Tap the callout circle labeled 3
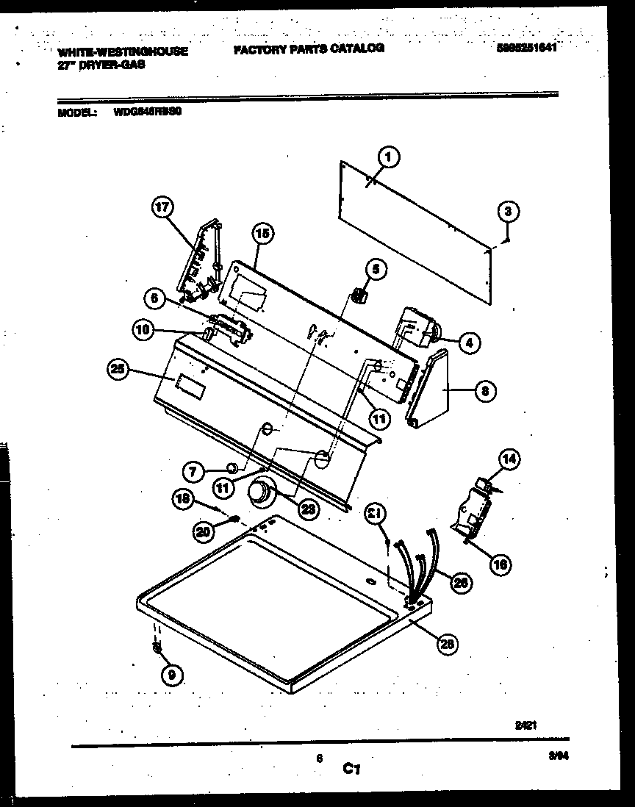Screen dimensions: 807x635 click(x=506, y=212)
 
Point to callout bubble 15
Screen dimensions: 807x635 click(x=261, y=234)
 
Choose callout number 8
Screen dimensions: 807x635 click(x=483, y=391)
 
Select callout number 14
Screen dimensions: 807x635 click(x=509, y=461)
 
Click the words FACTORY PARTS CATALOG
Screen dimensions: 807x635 click(x=309, y=49)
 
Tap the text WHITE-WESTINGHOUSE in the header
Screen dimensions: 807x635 click(x=122, y=52)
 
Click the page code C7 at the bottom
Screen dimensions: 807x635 click(x=351, y=770)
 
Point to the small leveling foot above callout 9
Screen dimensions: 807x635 click(x=157, y=647)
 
